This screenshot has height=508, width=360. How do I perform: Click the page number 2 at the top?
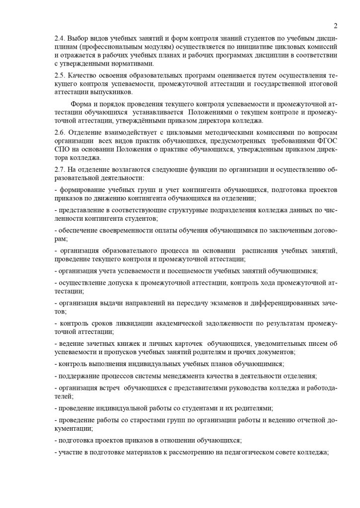pyautogui.click(x=336, y=26)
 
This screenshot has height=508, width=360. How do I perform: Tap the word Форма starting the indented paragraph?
pyautogui.click(x=82, y=104)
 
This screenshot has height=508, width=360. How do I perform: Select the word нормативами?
pyautogui.click(x=135, y=63)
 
